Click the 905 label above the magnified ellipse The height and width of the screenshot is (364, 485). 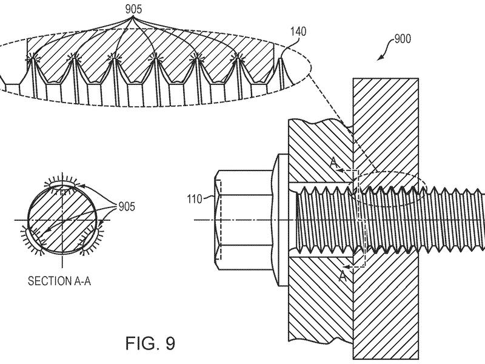pos(133,9)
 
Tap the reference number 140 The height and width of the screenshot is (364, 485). pos(298,32)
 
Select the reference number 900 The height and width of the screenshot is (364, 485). pos(403,39)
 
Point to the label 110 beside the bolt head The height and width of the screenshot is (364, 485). pos(194,199)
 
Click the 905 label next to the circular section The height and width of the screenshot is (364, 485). pos(127,206)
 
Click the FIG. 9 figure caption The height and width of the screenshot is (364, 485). pos(150,343)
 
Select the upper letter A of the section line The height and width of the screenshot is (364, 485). pos(334,163)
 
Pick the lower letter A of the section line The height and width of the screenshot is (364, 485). pos(343,276)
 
